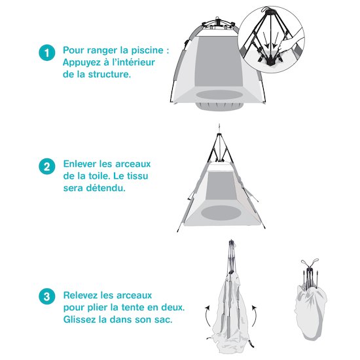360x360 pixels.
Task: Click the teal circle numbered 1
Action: point(47,52)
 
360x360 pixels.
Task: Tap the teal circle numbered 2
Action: point(47,166)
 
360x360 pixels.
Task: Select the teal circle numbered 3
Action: point(47,296)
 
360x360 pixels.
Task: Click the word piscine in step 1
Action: point(147,50)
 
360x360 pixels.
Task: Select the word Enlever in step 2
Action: point(80,164)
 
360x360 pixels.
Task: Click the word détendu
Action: point(106,188)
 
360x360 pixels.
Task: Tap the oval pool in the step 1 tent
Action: point(219,95)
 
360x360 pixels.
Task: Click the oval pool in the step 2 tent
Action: point(221,212)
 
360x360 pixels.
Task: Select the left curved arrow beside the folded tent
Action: point(207,315)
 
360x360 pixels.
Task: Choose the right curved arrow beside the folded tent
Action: point(255,315)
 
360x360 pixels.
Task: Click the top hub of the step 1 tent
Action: point(217,22)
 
